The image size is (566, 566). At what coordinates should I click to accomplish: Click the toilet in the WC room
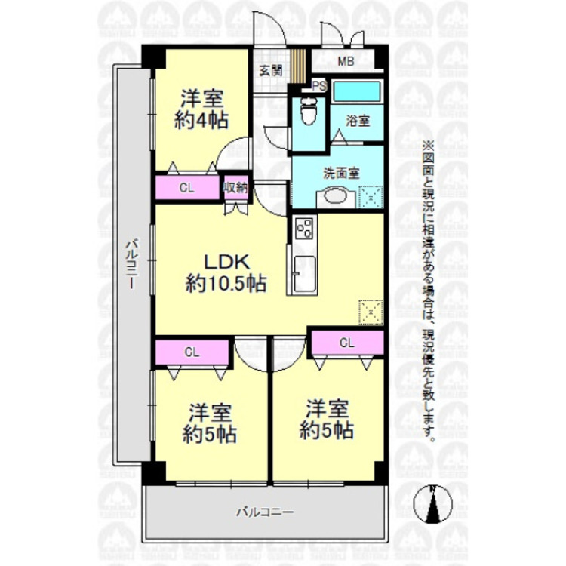(x=308, y=112)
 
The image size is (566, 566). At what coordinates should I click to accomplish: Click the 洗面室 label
(x=341, y=172)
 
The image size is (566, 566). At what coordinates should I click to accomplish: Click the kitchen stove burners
(x=305, y=228)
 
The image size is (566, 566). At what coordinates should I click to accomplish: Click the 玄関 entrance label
(x=271, y=72)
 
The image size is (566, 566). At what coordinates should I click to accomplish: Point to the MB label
(x=345, y=62)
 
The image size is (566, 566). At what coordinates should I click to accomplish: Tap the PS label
(x=319, y=85)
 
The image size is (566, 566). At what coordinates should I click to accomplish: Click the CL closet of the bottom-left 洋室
(x=192, y=352)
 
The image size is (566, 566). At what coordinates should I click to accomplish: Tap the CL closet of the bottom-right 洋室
(x=346, y=343)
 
